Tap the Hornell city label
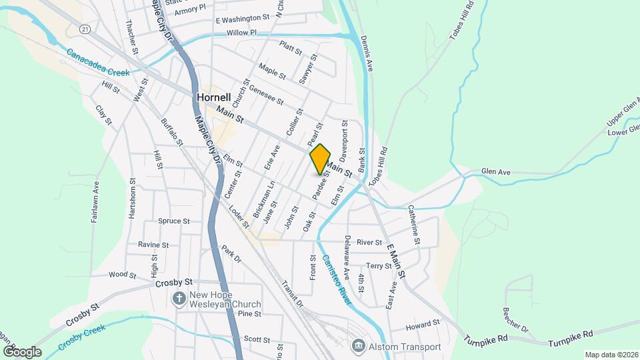click(214, 97)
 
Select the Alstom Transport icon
click(358, 346)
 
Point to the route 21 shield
click(84, 29)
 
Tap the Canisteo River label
click(335, 281)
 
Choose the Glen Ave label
click(495, 172)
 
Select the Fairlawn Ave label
click(95, 203)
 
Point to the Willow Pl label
click(241, 33)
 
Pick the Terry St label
click(379, 265)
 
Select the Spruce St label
click(174, 221)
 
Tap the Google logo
click(22, 351)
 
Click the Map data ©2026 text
click(611, 355)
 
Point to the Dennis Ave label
click(365, 54)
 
